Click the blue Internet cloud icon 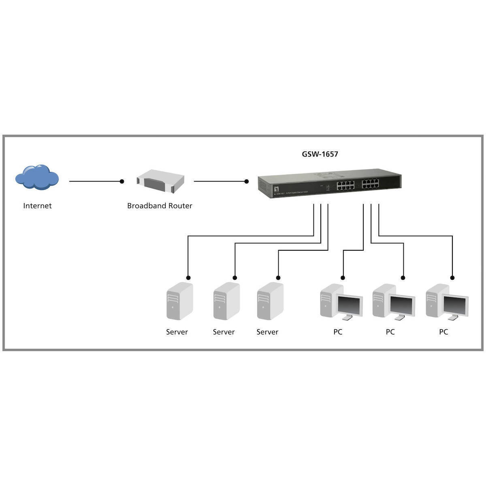[x=37, y=177]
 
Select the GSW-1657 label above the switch [x=320, y=154]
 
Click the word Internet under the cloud [x=37, y=206]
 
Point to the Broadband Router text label [x=160, y=206]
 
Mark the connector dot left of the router [x=122, y=181]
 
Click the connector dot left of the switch [x=247, y=181]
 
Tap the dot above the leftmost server [x=188, y=277]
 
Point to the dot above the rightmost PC [x=452, y=277]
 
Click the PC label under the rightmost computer [x=443, y=332]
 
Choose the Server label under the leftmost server [x=177, y=332]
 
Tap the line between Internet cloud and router [x=95, y=181]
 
